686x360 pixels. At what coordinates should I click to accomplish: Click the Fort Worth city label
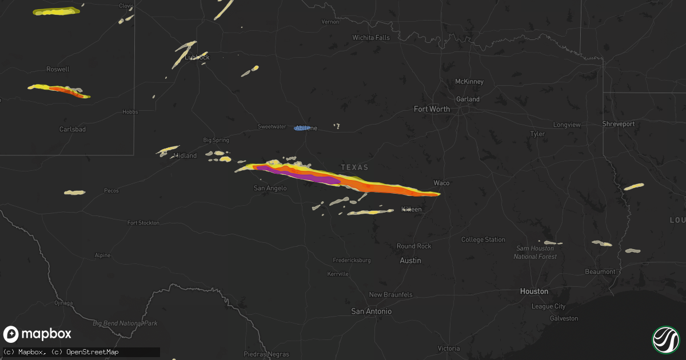point(432,109)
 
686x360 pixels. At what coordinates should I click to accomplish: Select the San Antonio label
point(372,311)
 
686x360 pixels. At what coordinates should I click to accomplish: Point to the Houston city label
point(534,291)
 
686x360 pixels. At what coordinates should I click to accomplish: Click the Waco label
point(441,183)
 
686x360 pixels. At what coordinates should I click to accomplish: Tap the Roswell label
point(58,69)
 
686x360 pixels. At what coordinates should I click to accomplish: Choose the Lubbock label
point(198,57)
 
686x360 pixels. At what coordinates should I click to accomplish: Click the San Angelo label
point(270,188)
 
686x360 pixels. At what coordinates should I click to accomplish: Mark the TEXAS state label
point(354,167)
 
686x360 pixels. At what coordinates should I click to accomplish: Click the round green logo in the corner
point(665,339)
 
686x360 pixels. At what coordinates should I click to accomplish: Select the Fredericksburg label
point(352,260)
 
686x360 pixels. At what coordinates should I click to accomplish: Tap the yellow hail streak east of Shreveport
point(633,187)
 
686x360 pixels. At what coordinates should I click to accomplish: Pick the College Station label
point(483,239)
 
